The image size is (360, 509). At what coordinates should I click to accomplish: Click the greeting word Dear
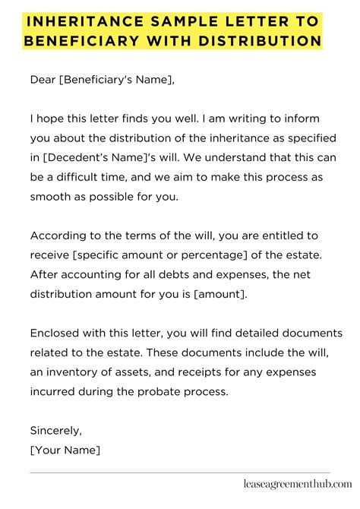tap(44, 78)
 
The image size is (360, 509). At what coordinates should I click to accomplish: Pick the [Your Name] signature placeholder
tap(65, 450)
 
